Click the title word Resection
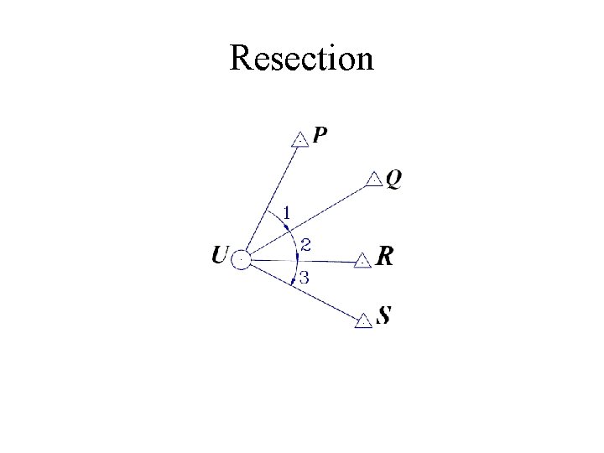pos(301,58)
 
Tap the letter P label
pos(320,135)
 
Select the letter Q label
pos(393,180)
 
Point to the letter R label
pos(384,257)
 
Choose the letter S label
pos(384,316)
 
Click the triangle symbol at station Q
pos(374,179)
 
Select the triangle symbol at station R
pos(362,260)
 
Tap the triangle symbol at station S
pos(363,320)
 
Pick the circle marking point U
pos(241,260)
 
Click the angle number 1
pos(286,214)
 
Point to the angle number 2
pos(306,245)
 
